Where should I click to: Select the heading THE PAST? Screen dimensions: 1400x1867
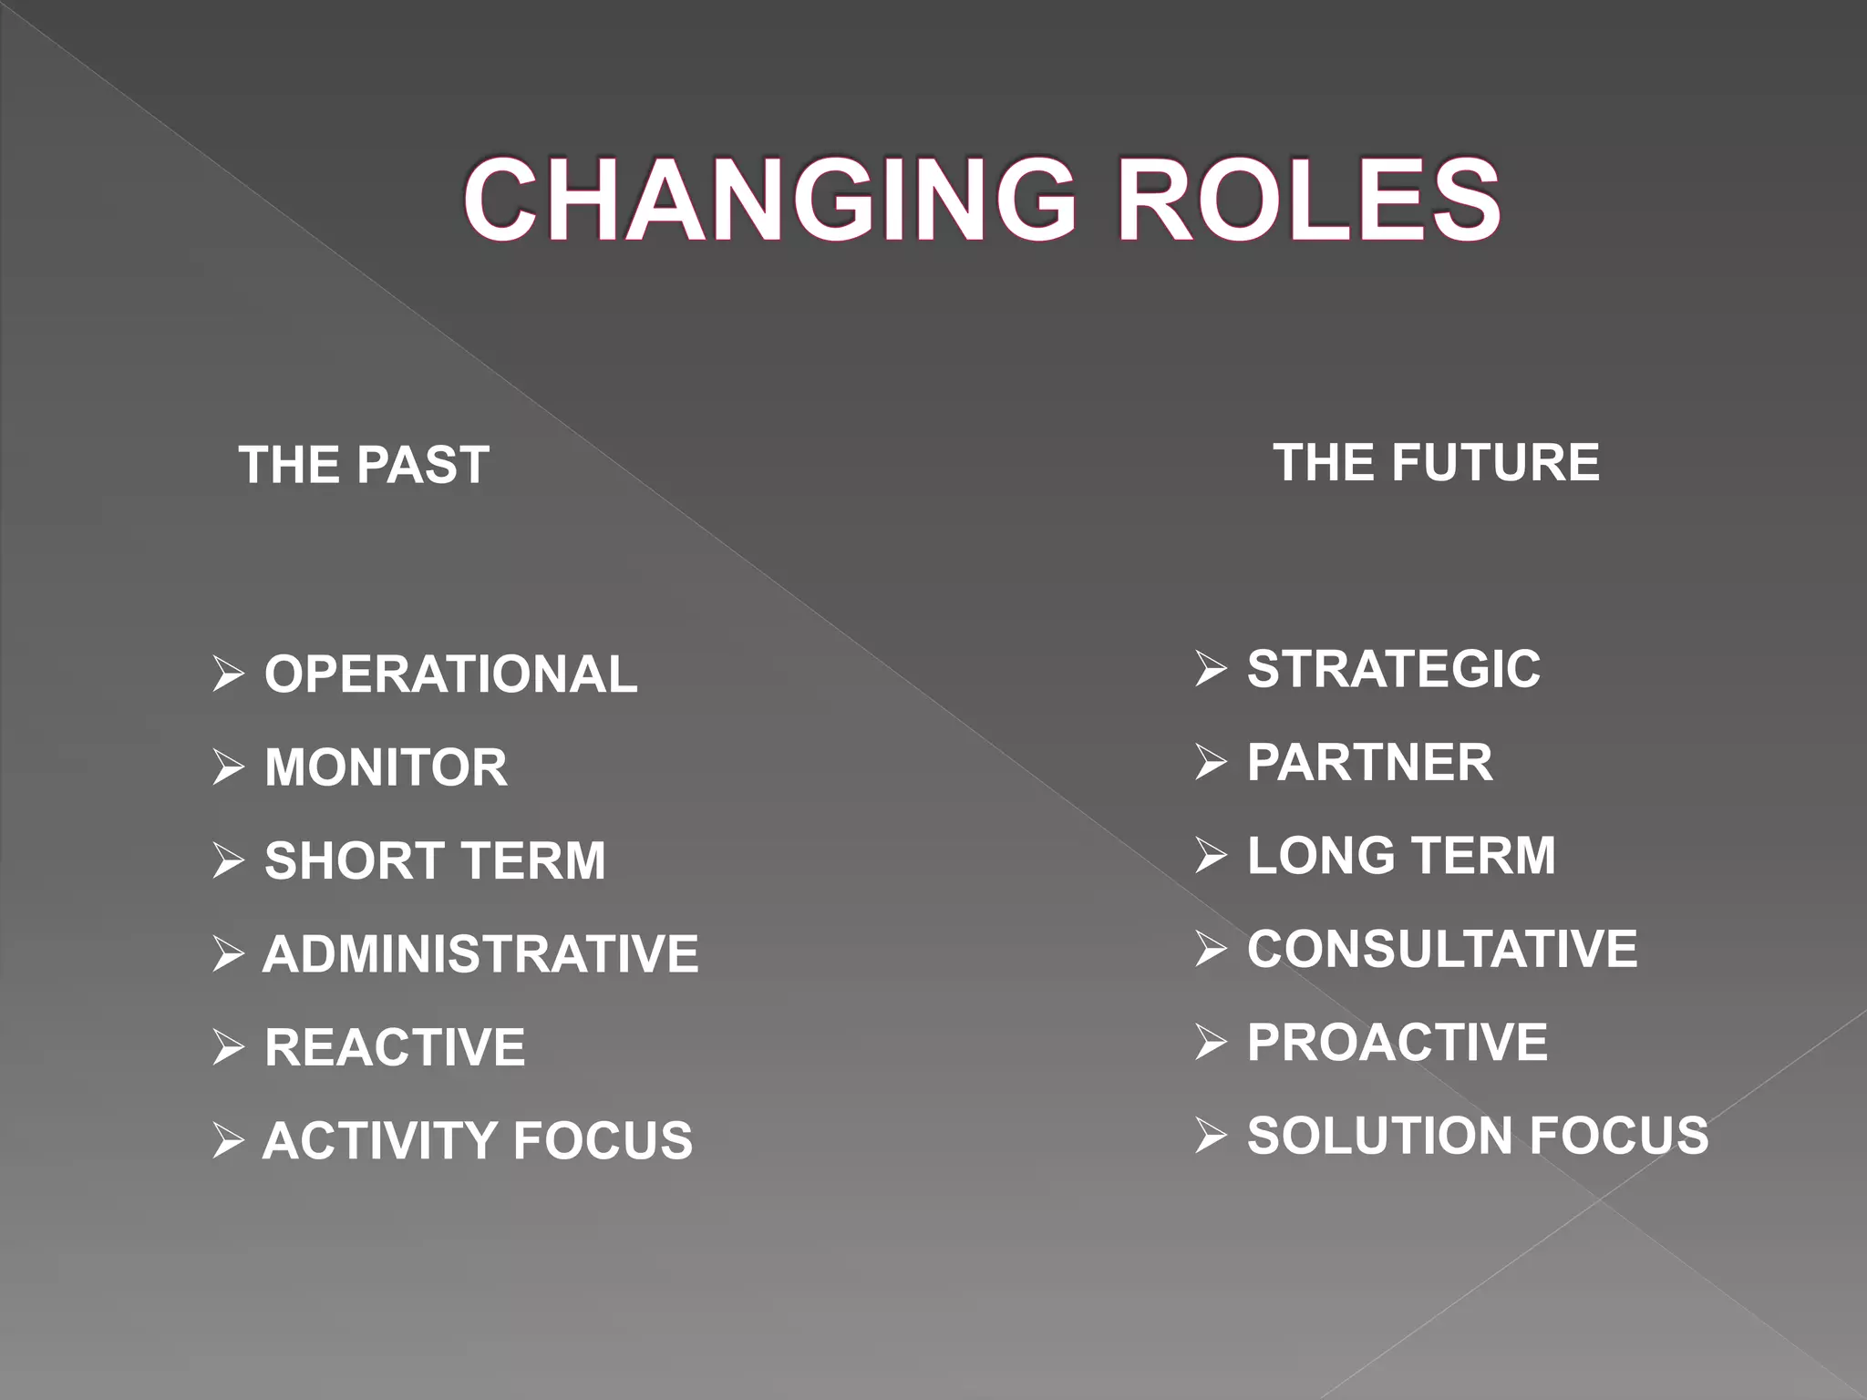[x=364, y=465]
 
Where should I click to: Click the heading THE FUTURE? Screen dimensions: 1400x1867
[x=1436, y=462]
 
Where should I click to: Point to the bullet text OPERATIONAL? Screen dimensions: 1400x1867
[x=450, y=674]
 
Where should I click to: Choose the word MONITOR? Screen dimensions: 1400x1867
[x=386, y=767]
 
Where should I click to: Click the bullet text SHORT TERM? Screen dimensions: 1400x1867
[x=435, y=860]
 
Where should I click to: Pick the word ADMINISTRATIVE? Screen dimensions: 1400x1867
[x=480, y=954]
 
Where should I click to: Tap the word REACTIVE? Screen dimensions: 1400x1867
[x=395, y=1047]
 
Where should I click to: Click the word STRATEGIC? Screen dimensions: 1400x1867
[x=1394, y=669]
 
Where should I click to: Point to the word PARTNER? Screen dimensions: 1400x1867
[x=1369, y=763]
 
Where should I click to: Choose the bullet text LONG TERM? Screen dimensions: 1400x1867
[x=1401, y=856]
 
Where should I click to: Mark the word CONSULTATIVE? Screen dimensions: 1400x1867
[x=1442, y=949]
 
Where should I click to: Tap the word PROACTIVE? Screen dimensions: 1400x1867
[x=1397, y=1042]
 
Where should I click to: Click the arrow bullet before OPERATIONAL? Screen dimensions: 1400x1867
[x=228, y=674]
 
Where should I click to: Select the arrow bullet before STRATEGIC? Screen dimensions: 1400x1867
[x=1211, y=669]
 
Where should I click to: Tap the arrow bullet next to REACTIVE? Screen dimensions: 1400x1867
[x=228, y=1047]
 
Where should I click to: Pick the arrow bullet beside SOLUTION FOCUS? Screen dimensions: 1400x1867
[x=1211, y=1136]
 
